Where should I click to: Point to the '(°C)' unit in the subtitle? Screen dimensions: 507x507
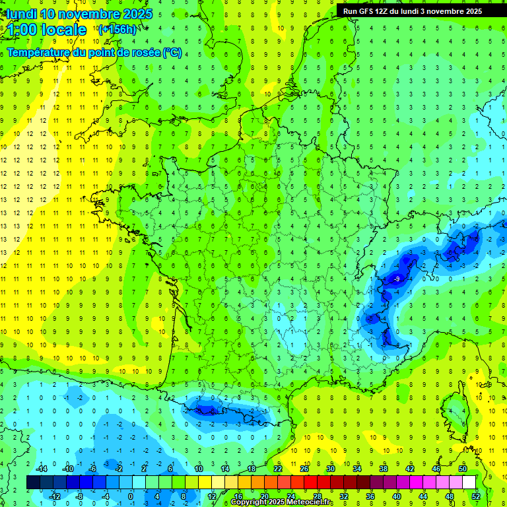point(172,53)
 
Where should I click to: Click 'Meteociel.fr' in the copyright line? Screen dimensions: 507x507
point(310,502)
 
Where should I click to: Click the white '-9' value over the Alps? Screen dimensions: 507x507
point(397,280)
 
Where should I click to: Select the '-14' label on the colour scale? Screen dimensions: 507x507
point(41,469)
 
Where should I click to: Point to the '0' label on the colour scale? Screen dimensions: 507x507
point(130,496)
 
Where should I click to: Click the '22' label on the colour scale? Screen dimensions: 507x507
point(278,469)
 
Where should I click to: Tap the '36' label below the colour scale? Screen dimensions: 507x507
point(370,496)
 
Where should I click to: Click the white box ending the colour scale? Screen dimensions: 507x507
point(469,483)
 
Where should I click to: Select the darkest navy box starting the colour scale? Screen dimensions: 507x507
point(33,483)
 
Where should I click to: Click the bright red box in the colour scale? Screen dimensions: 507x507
point(310,483)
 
